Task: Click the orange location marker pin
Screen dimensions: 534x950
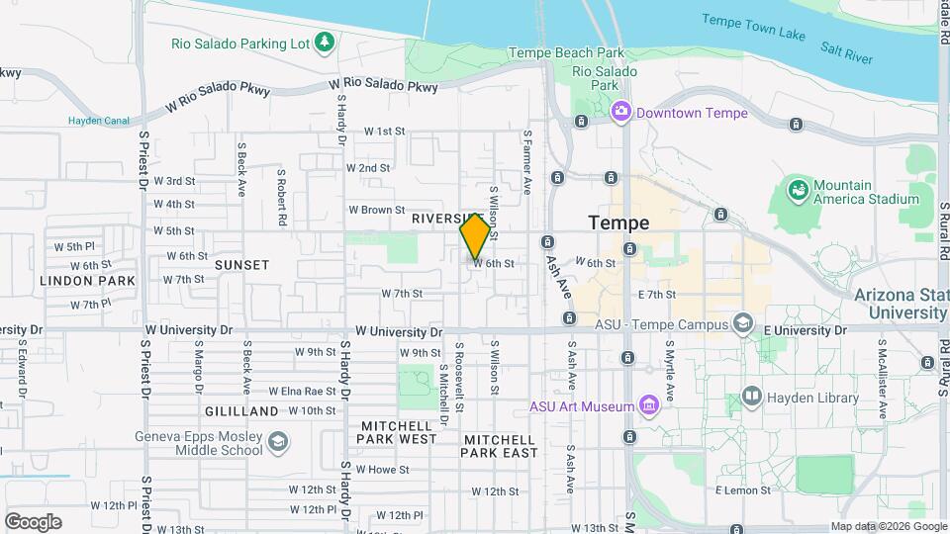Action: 475,236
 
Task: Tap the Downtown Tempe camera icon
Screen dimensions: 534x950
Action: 621,111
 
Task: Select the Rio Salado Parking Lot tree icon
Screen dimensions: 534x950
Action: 323,42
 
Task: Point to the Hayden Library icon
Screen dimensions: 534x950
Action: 751,397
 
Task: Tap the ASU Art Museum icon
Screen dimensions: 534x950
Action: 648,404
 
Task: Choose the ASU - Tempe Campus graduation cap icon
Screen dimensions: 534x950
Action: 742,323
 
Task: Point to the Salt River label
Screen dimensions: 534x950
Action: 846,52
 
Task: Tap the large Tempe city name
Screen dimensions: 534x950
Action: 618,222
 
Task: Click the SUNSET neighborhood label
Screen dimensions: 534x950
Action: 242,265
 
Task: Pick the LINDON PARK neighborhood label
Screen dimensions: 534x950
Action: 87,281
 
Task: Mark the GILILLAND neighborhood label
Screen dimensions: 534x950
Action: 242,410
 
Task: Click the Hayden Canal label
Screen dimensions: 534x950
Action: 99,121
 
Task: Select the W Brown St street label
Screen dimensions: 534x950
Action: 377,210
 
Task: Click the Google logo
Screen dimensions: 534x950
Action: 33,521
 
